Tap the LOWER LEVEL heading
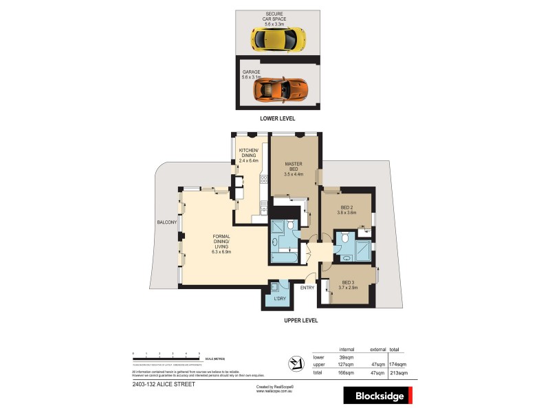pyautogui.click(x=277, y=118)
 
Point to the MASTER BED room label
pyautogui.click(x=294, y=168)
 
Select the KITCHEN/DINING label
pyautogui.click(x=248, y=155)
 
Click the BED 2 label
pyautogui.click(x=347, y=209)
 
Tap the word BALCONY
pyautogui.click(x=167, y=222)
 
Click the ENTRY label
pyautogui.click(x=307, y=288)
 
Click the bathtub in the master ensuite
pyautogui.click(x=283, y=257)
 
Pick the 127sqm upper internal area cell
pyautogui.click(x=338, y=365)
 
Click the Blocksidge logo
pyautogui.click(x=377, y=395)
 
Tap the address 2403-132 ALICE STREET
pyautogui.click(x=163, y=385)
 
